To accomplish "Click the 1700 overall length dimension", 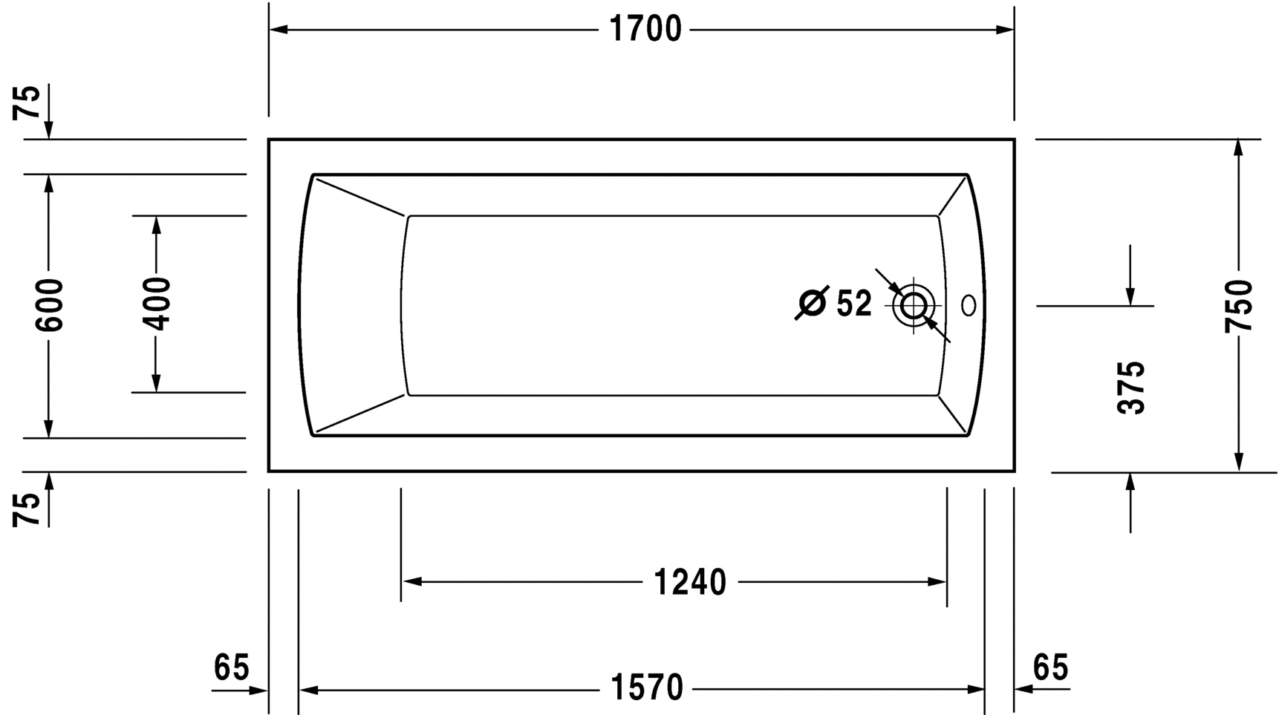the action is point(645,30).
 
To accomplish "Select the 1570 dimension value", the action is point(646,688).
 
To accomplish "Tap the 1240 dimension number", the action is point(690,583).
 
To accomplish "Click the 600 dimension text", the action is point(50,304).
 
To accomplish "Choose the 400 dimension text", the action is point(157,303).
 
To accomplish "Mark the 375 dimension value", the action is point(1131,388).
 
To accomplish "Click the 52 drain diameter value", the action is point(853,304).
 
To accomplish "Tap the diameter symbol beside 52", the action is point(811,303).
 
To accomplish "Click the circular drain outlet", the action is point(913,305).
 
